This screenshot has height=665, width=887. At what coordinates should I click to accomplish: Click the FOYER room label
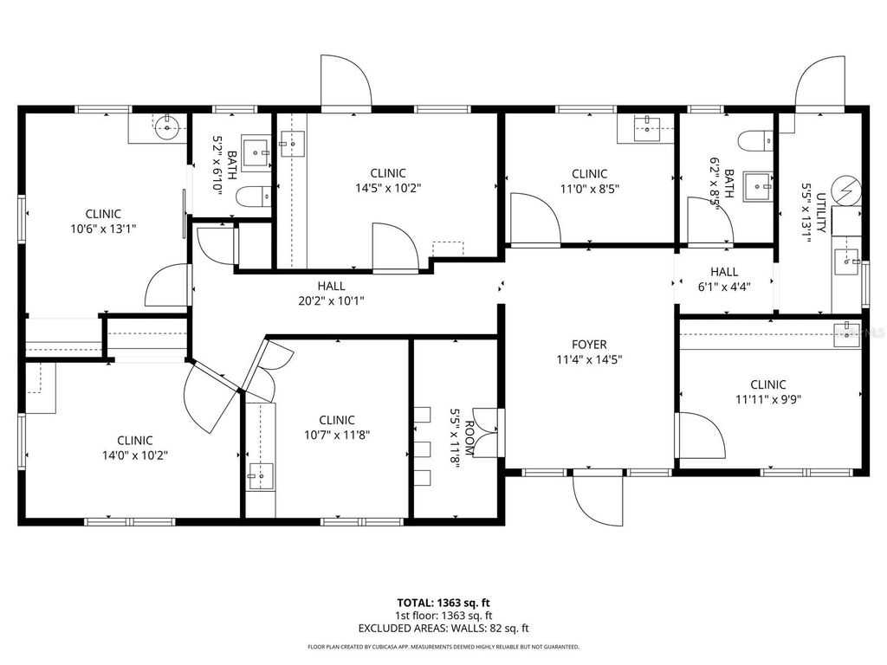pyautogui.click(x=588, y=344)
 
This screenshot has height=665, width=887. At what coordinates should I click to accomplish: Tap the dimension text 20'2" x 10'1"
pyautogui.click(x=331, y=301)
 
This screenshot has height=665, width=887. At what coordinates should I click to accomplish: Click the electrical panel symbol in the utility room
pyautogui.click(x=846, y=190)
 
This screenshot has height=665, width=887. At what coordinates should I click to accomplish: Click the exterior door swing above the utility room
pyautogui.click(x=819, y=85)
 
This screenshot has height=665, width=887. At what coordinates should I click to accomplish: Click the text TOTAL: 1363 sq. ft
pyautogui.click(x=443, y=602)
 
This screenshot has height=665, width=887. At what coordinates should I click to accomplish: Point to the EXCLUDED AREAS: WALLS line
pyautogui.click(x=443, y=629)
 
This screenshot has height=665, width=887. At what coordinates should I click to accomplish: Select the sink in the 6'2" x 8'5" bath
pyautogui.click(x=760, y=184)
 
